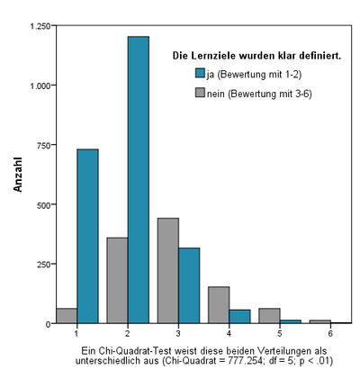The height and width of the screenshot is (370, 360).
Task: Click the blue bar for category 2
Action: pos(139,180)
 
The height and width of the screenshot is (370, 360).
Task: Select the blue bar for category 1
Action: pos(87,236)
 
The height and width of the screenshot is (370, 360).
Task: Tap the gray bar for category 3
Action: pos(168,271)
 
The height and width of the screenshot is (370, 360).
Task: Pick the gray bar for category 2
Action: pos(118,280)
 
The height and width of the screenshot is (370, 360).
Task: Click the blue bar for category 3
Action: pos(189,285)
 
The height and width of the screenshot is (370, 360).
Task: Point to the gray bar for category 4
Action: pos(219,305)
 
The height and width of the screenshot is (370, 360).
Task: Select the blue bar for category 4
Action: pos(239,317)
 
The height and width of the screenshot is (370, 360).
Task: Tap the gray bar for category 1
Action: pos(67,316)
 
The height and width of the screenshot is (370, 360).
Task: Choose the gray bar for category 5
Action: pos(270,316)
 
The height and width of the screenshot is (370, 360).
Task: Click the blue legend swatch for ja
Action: pos(200,73)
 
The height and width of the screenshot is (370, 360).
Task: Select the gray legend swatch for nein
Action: pos(200,93)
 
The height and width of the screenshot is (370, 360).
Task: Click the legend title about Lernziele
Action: pos(256,56)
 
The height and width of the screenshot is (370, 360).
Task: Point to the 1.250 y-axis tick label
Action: pos(40,26)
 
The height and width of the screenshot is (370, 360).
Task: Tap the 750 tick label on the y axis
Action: pos(43,146)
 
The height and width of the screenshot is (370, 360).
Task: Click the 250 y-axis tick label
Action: pos(43,265)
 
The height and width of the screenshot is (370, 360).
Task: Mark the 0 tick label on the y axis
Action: pos(48,324)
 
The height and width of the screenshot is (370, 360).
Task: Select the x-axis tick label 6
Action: pos(330,333)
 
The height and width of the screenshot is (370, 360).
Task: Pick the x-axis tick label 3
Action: pos(178,333)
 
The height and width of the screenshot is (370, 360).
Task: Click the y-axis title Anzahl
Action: pos(18,175)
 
